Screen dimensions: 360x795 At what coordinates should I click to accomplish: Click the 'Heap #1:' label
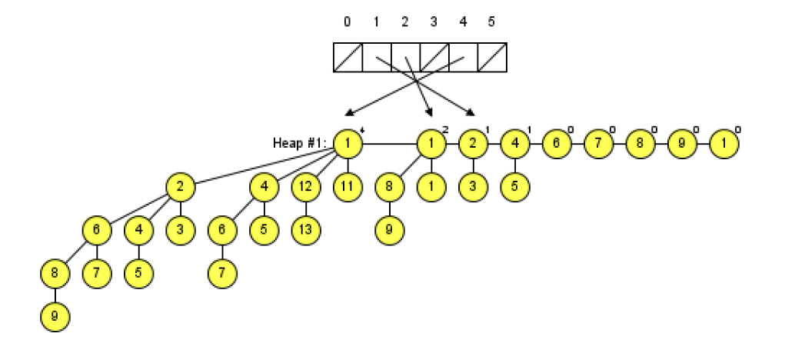(x=301, y=143)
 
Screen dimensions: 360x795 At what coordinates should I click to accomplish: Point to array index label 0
(x=348, y=22)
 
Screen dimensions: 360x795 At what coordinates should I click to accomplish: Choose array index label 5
(x=491, y=22)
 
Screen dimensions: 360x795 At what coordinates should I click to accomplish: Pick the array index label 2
(x=405, y=22)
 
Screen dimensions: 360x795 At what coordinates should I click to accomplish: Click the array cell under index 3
(x=434, y=58)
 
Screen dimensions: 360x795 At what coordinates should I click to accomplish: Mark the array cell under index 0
(x=348, y=58)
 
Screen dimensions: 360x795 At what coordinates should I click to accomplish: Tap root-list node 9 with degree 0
(x=680, y=143)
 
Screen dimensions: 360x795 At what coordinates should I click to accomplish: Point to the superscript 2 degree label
(x=445, y=128)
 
